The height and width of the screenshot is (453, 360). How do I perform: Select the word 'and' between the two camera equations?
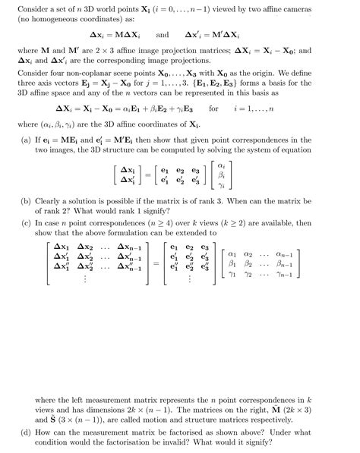(x=162, y=34)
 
